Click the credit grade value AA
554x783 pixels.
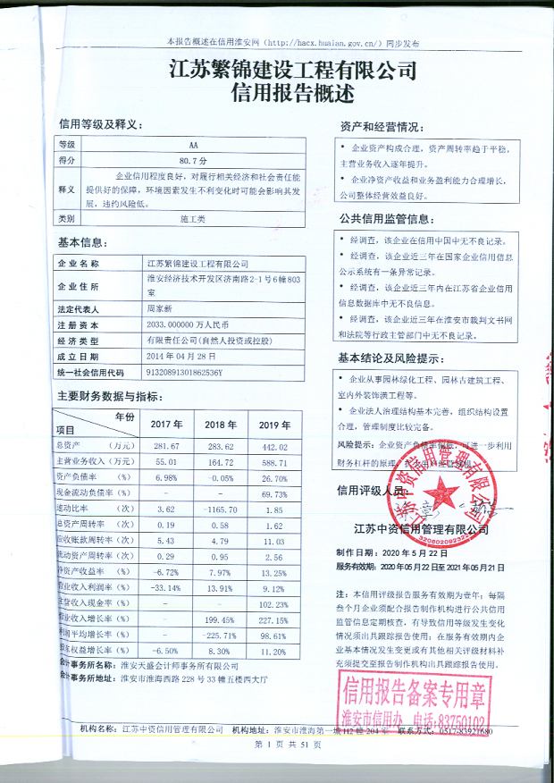pos(193,143)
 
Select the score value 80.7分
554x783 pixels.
pos(193,159)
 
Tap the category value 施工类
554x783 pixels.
pos(193,218)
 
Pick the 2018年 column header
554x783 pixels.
pos(218,425)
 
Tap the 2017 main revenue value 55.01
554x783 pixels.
pos(168,462)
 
